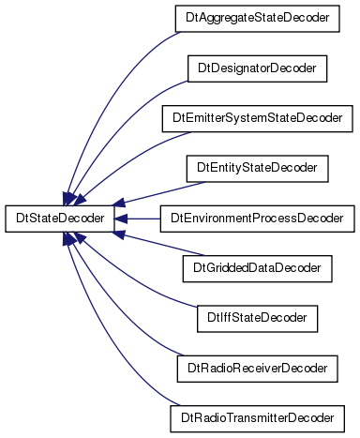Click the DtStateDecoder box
click(x=60, y=219)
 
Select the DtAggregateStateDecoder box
click(x=257, y=19)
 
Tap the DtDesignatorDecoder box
click(x=257, y=68)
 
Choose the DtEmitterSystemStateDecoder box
click(x=257, y=118)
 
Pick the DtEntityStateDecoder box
click(x=257, y=169)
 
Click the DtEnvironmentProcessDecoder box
click(x=257, y=219)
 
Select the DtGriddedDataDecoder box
click(x=257, y=268)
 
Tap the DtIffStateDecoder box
click(x=257, y=319)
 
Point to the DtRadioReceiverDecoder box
click(x=257, y=369)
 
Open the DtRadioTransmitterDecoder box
click(x=257, y=418)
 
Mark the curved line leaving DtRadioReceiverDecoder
click(x=115, y=316)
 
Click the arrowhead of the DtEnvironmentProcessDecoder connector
click(x=121, y=219)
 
